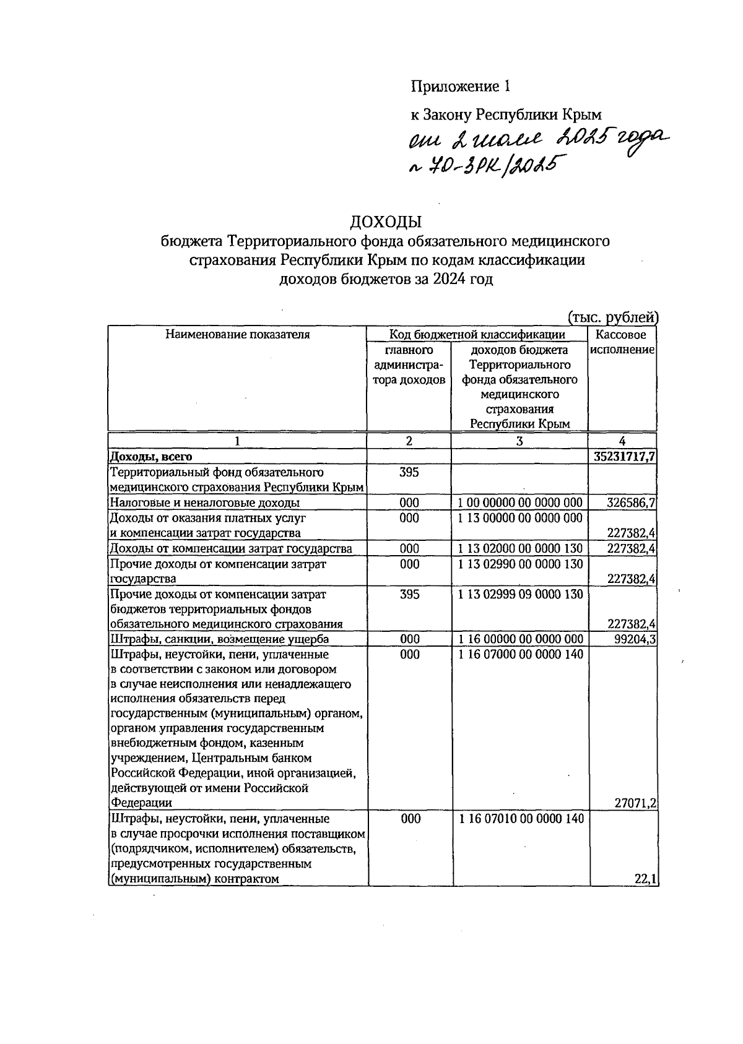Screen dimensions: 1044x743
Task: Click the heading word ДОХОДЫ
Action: point(386,222)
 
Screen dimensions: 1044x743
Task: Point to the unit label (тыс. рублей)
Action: point(612,318)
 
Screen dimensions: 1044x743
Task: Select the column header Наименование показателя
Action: point(237,335)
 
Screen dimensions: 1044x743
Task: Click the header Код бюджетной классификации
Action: point(477,335)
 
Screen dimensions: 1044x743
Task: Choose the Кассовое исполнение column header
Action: point(622,342)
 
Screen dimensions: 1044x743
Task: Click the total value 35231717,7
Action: point(624,457)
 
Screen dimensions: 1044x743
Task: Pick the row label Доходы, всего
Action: point(150,457)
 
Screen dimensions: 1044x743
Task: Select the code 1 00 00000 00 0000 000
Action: point(520,503)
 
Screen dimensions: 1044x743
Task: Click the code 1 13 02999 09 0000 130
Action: point(520,594)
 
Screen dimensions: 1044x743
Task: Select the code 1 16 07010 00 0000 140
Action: point(520,819)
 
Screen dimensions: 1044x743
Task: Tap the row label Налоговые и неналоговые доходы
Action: point(204,503)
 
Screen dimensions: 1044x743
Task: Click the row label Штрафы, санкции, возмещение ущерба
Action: point(219,639)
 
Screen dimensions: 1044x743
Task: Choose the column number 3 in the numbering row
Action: point(519,441)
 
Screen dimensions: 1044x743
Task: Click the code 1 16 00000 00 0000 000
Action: point(520,639)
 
